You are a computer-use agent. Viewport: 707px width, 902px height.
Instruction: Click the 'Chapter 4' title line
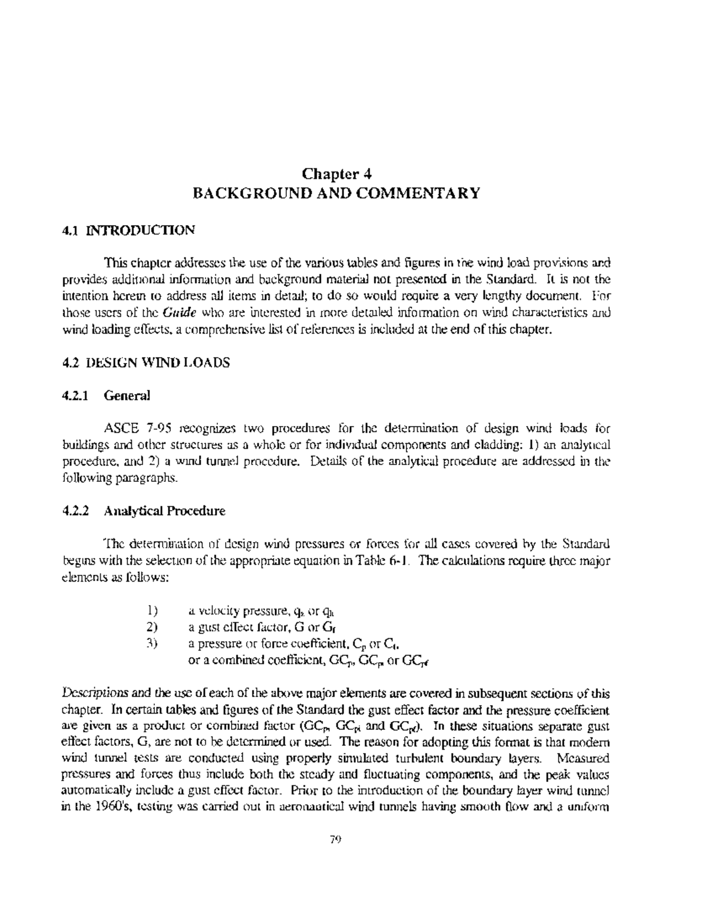[336, 174]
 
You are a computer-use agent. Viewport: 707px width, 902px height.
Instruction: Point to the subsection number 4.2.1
[75, 395]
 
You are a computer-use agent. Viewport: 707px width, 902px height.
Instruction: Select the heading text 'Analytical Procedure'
[164, 511]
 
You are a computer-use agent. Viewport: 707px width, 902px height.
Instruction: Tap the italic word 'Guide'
[176, 312]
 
